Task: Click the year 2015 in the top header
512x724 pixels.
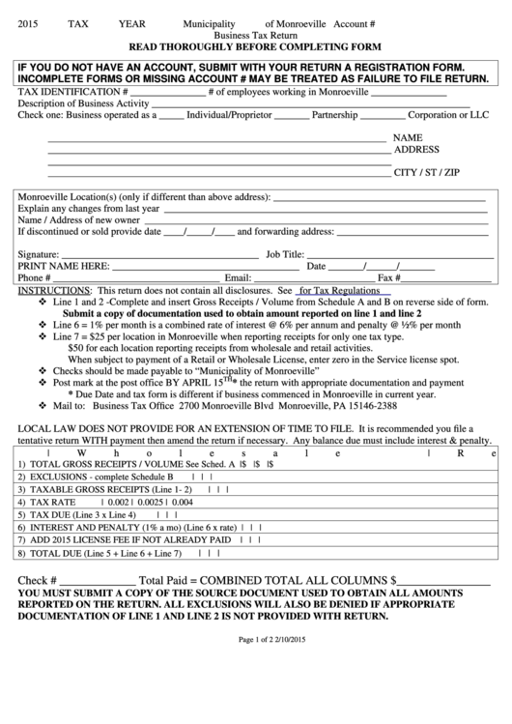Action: [x=30, y=21]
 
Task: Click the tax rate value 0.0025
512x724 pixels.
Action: [x=152, y=504]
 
